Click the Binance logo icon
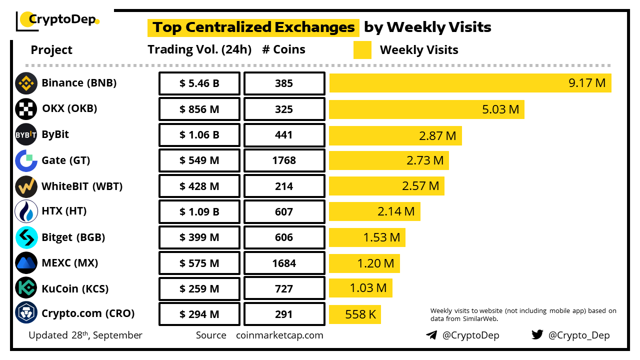point(26,83)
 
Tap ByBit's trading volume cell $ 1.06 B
point(199,135)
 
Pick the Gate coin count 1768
point(284,160)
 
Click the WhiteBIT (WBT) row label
point(82,186)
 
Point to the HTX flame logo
point(26,211)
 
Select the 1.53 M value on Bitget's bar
point(382,237)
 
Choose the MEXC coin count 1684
point(284,263)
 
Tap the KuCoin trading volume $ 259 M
point(199,289)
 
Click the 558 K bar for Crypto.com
point(355,314)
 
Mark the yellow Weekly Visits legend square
point(362,50)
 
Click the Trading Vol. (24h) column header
point(199,49)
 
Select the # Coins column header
point(284,49)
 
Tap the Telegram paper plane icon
point(431,335)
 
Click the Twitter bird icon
point(537,335)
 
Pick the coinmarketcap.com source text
point(279,335)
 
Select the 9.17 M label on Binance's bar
point(587,83)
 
